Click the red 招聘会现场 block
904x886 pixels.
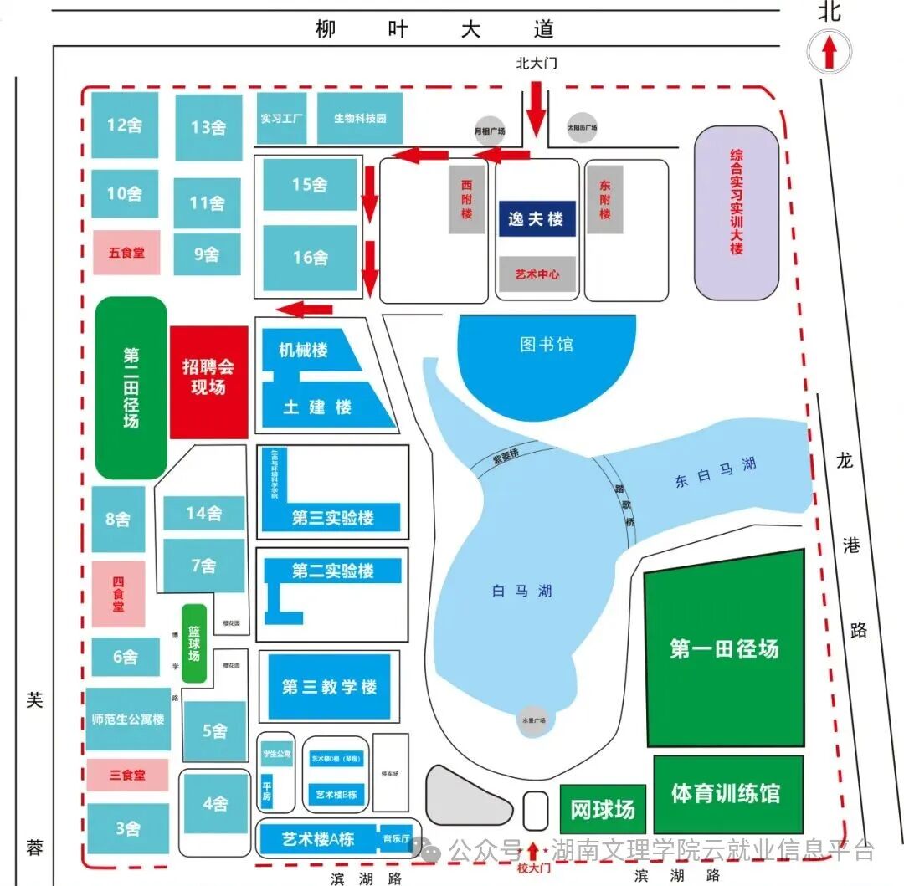click(x=208, y=382)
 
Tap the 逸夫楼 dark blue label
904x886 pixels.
click(x=536, y=219)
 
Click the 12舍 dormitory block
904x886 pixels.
click(x=125, y=125)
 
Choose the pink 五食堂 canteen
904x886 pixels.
click(x=126, y=252)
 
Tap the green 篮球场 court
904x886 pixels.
click(x=193, y=643)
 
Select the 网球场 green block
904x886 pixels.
click(x=603, y=809)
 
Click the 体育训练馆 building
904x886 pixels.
click(x=727, y=793)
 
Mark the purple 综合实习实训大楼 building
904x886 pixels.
click(x=737, y=213)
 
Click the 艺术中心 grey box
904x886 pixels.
click(x=536, y=274)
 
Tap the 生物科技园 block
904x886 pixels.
click(x=360, y=119)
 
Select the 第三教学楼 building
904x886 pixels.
click(x=329, y=687)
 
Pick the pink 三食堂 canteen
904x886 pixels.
click(x=127, y=775)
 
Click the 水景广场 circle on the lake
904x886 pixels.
click(x=534, y=720)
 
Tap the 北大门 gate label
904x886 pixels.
click(x=537, y=63)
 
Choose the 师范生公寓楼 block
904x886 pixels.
click(x=128, y=720)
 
